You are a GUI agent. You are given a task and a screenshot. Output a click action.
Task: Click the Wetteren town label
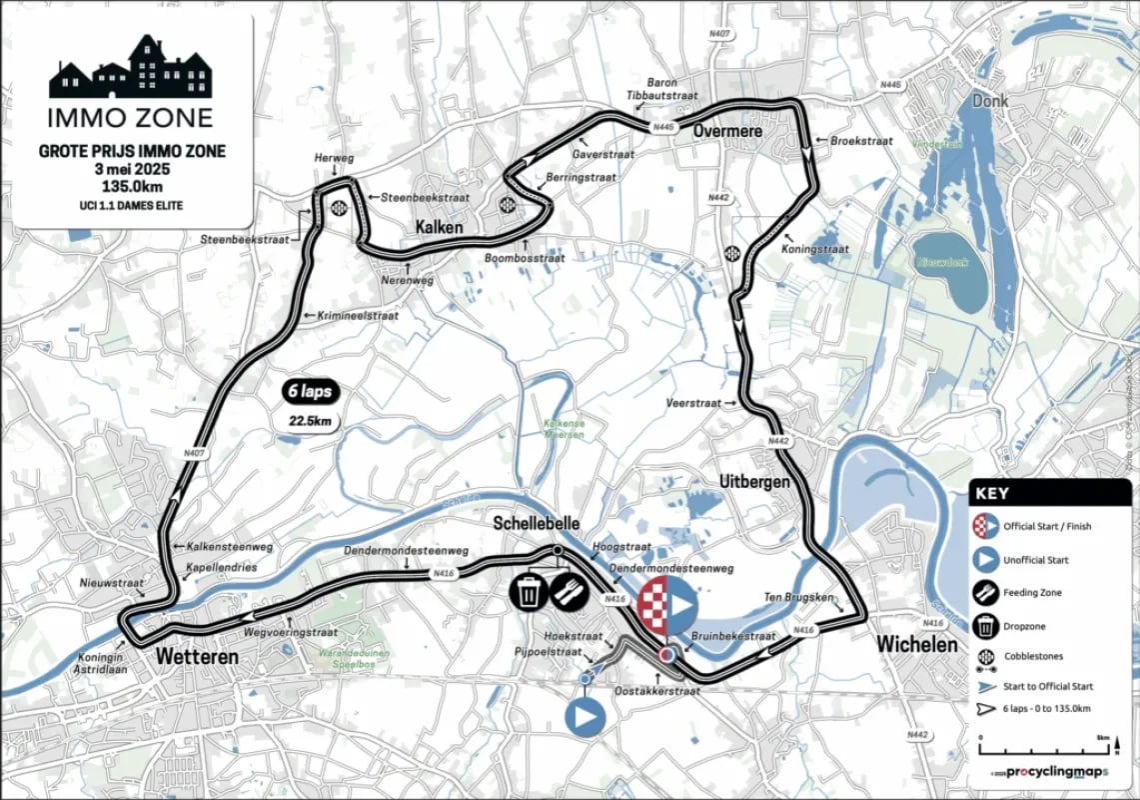point(197,657)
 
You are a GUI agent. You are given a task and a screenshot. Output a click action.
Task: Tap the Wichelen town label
point(917,645)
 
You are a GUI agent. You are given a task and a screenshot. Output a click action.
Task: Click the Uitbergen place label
point(754,482)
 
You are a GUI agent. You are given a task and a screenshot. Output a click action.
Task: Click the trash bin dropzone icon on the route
point(529,591)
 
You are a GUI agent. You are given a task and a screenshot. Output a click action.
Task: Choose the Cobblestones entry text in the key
point(1034,657)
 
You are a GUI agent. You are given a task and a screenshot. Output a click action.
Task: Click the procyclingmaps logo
point(1049,772)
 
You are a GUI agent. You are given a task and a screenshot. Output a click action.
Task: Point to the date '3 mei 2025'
point(131,169)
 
